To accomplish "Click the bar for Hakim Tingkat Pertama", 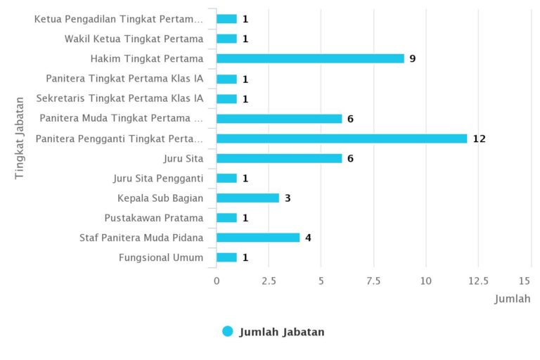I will [x=310, y=58].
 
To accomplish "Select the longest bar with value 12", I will [x=342, y=139].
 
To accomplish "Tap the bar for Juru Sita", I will [x=279, y=158].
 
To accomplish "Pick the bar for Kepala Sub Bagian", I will [x=247, y=198].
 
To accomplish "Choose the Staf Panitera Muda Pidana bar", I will [x=258, y=238].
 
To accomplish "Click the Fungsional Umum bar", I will [x=226, y=257].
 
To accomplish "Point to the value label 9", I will [x=413, y=58].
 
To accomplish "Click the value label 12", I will [x=479, y=139].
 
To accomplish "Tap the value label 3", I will [x=288, y=198].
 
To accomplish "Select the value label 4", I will [x=308, y=238].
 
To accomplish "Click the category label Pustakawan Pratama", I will [x=154, y=218].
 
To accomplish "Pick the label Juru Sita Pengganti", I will [x=158, y=178].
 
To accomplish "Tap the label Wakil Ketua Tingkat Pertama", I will [x=134, y=39].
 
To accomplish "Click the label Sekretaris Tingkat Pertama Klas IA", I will [x=120, y=98].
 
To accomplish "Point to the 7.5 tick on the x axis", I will [x=373, y=281].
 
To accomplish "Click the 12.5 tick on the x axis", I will [x=478, y=281].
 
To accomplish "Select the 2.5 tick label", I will [x=269, y=281].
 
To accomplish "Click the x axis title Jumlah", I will [x=513, y=299].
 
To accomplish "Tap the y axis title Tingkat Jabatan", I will [x=20, y=138].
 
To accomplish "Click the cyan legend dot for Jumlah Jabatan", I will [x=227, y=331].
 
